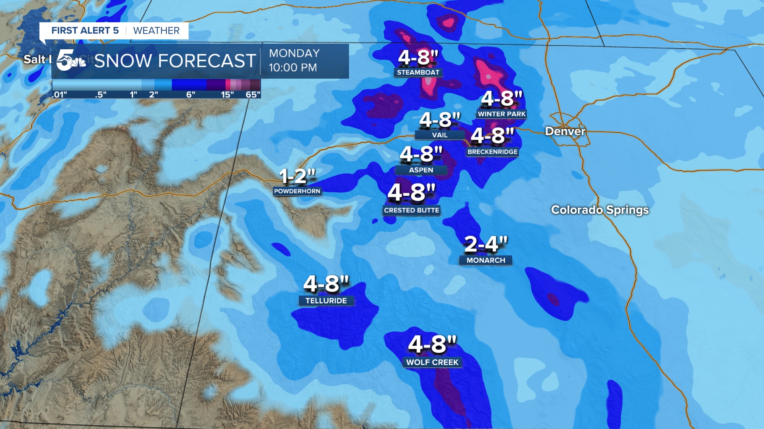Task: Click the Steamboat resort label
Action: click(x=418, y=72)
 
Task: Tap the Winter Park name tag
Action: click(x=502, y=114)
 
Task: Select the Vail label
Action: click(x=440, y=135)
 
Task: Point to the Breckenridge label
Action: click(x=493, y=152)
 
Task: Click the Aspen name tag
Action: click(x=421, y=170)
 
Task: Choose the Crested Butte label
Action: click(x=411, y=210)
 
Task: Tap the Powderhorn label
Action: click(x=297, y=191)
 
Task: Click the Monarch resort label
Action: click(x=486, y=260)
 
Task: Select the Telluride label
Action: click(x=326, y=301)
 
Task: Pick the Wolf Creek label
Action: click(x=433, y=362)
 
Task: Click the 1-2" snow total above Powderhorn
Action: click(x=297, y=176)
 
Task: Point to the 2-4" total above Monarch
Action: click(x=486, y=244)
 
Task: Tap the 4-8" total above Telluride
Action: click(x=326, y=284)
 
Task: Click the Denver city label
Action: click(x=565, y=131)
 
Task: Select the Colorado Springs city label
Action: click(x=600, y=209)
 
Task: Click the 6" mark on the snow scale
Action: click(x=191, y=95)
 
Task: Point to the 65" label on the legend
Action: click(x=253, y=95)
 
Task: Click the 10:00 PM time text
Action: click(x=293, y=68)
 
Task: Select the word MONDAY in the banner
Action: click(x=294, y=53)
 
